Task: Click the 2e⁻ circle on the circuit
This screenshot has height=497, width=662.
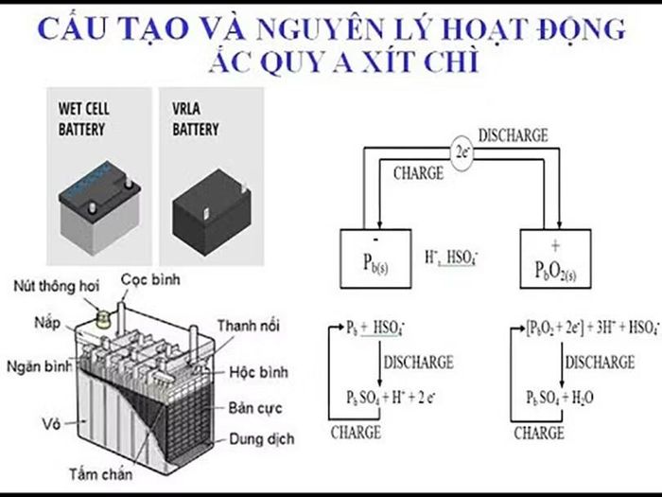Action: [462, 153]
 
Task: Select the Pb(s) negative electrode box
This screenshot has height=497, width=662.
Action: [375, 258]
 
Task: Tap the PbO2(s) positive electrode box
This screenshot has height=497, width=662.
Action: [555, 258]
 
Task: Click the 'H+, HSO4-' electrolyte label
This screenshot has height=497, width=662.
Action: [451, 257]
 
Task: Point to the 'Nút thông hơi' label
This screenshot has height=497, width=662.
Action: [57, 286]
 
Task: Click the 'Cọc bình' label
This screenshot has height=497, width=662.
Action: [150, 279]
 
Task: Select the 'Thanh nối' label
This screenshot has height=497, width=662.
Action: [249, 326]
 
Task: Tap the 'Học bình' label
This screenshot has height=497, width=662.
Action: [258, 372]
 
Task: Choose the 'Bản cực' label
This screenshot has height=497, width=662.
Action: [255, 408]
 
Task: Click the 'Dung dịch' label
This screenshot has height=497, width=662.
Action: [262, 439]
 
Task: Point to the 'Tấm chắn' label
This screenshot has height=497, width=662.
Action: [101, 473]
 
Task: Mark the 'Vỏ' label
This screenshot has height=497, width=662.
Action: [51, 423]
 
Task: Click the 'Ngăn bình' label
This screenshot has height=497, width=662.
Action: [40, 366]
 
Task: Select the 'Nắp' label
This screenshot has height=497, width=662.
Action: [47, 324]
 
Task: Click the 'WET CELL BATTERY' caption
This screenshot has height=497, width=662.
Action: [83, 119]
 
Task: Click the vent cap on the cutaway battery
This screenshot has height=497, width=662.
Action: [103, 318]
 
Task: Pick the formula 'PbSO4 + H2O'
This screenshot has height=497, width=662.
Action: [560, 398]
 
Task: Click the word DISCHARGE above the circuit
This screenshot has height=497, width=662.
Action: [513, 135]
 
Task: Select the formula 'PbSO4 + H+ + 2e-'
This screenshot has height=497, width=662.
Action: [391, 398]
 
